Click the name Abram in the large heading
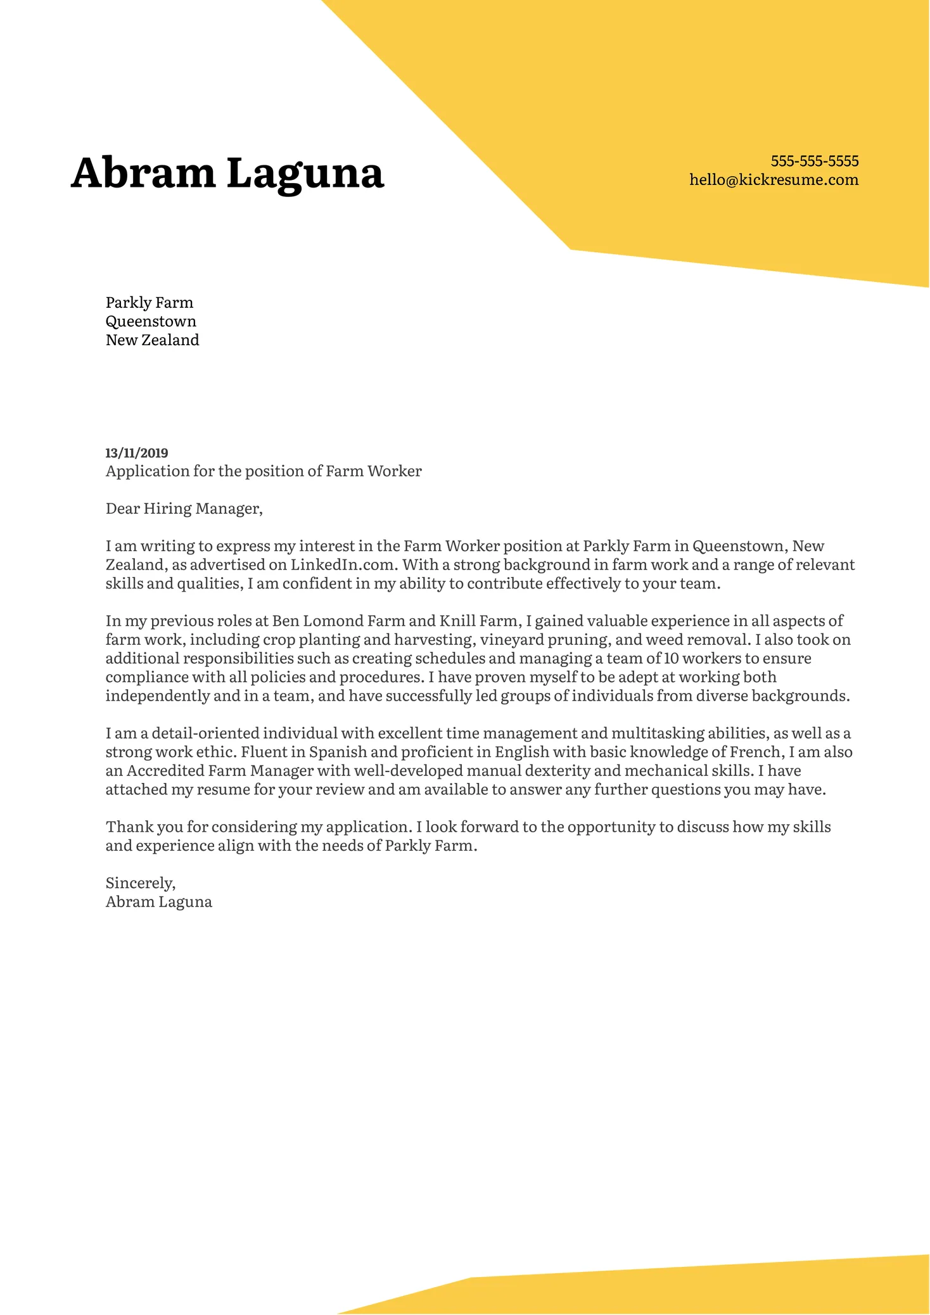143,173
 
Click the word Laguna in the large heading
305,173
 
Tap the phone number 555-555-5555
814,161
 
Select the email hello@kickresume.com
774,180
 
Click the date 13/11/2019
136,453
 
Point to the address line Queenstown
151,322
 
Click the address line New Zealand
152,340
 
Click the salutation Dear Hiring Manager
184,509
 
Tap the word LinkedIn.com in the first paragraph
343,565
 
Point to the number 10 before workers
671,659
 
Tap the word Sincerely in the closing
139,883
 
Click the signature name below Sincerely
158,902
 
